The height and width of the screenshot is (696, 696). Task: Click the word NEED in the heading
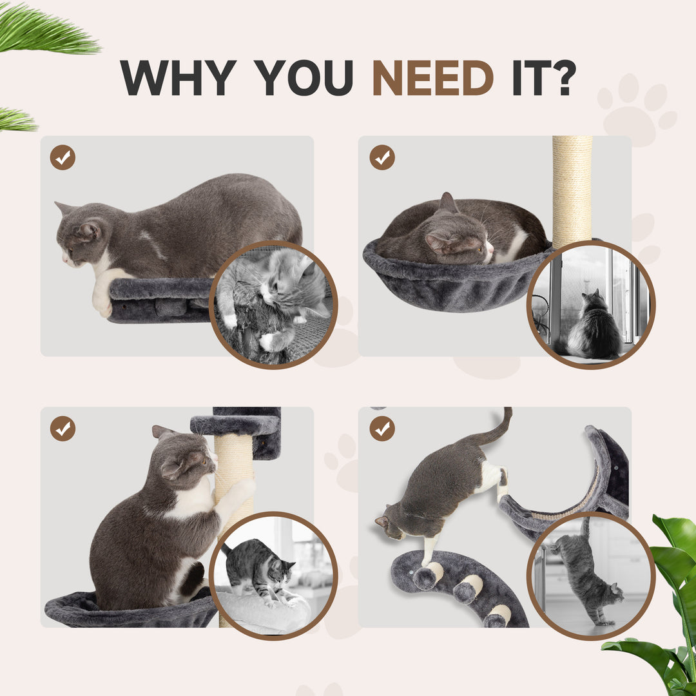432,79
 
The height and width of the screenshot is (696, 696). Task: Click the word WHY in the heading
177,79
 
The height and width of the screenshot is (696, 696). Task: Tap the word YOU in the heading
304,79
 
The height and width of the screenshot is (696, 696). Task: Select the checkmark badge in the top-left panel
63,157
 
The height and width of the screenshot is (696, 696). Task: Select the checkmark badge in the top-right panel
382,157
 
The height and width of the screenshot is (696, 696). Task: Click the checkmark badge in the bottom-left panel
63,429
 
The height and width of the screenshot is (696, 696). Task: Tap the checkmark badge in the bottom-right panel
382,429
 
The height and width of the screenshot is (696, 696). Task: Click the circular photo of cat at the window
590,305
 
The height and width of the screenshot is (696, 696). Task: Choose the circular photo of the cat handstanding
590,575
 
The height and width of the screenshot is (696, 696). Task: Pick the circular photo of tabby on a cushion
273,575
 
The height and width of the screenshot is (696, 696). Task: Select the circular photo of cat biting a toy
273,305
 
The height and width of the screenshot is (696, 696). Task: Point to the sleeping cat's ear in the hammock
447,204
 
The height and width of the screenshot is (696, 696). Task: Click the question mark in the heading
562,79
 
